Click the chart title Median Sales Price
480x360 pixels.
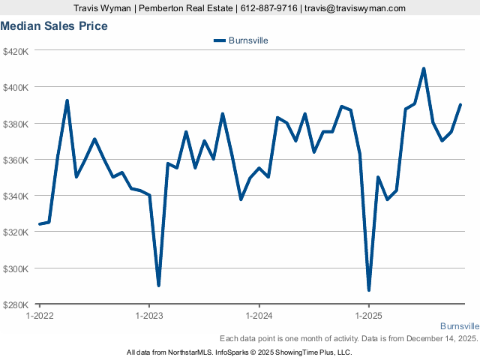54,26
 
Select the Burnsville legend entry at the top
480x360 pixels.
241,40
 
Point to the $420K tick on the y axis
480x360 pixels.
16,51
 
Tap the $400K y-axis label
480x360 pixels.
16,87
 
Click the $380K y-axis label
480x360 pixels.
16,124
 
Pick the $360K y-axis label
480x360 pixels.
16,160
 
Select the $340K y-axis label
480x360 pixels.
16,196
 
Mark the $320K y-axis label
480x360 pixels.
16,232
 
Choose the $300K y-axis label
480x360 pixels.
16,268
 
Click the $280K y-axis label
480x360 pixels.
16,304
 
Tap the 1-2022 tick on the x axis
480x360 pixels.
40,316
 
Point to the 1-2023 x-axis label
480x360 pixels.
149,316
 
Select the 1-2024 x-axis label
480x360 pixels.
259,316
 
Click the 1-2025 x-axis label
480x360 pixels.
368,316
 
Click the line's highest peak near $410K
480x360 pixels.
424,68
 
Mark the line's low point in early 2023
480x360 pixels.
158,286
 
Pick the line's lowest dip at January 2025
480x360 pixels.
369,289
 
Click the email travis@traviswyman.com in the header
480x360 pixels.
356,8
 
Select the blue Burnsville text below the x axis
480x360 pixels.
459,326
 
